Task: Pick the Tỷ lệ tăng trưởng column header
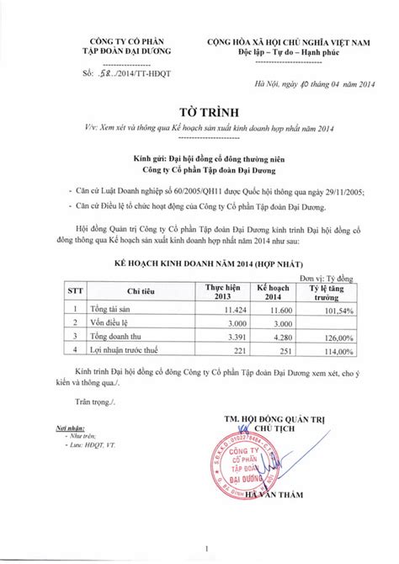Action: pos(313,290)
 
